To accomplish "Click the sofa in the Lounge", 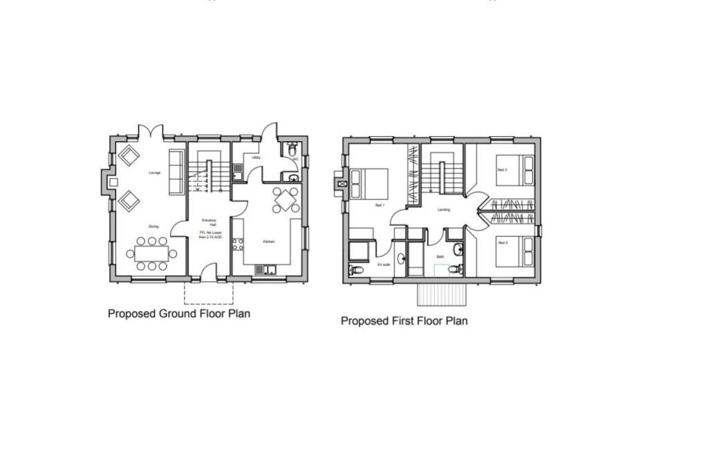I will [176, 171].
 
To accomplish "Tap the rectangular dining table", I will [151, 253].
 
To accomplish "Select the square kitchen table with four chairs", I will [286, 200].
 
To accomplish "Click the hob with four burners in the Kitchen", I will [239, 244].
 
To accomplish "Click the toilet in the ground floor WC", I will [292, 149].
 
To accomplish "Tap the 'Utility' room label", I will [256, 157].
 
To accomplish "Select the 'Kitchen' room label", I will [269, 242].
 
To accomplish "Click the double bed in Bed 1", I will [369, 183].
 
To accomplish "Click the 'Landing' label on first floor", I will [444, 209].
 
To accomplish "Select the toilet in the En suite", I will [355, 269].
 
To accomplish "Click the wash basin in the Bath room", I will [457, 249].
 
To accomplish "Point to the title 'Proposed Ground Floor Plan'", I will [178, 314].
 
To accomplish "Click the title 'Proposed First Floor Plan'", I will [404, 321].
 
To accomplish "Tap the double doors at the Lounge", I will [150, 132].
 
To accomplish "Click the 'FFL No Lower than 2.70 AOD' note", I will [211, 235].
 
